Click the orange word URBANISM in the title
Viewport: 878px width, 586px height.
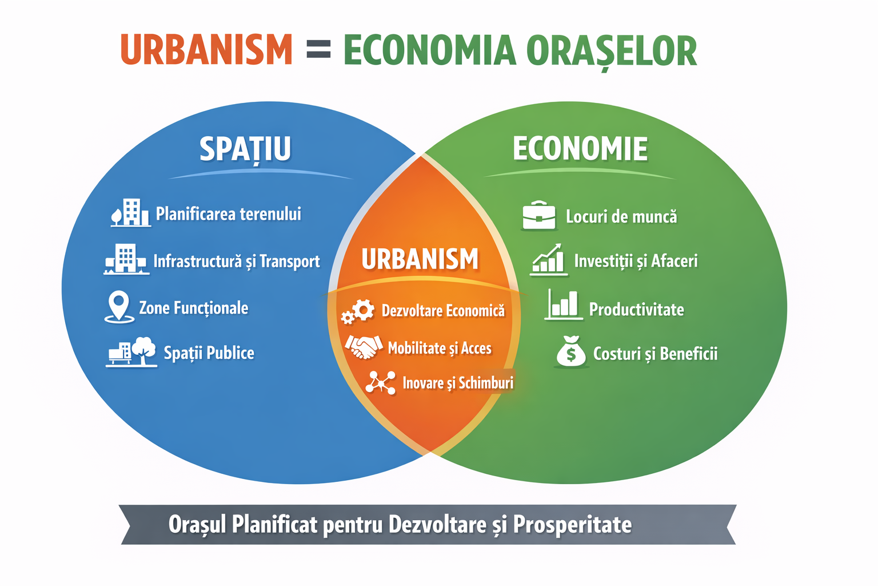coord(206,49)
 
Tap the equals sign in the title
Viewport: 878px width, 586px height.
coord(318,49)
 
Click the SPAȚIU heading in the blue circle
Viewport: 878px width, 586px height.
coord(245,149)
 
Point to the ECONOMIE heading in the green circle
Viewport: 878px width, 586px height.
coord(580,148)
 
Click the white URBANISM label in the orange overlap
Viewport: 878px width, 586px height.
coord(420,259)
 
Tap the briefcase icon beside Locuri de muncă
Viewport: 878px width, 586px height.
coord(539,215)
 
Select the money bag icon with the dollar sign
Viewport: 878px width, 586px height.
coord(571,352)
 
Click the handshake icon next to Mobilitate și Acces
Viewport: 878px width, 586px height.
coord(364,347)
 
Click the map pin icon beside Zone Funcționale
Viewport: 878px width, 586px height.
coord(119,307)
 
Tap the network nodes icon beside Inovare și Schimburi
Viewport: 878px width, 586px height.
coord(380,382)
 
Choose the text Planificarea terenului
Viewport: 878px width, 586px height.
coord(229,214)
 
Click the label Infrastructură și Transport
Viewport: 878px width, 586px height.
coord(237,262)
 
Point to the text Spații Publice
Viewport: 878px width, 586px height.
coord(209,353)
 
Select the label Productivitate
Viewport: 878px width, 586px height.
coord(637,310)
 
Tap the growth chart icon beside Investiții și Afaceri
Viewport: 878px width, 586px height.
coord(549,259)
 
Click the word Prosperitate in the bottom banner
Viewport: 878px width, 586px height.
coord(572,525)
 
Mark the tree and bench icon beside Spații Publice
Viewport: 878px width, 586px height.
coord(131,352)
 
